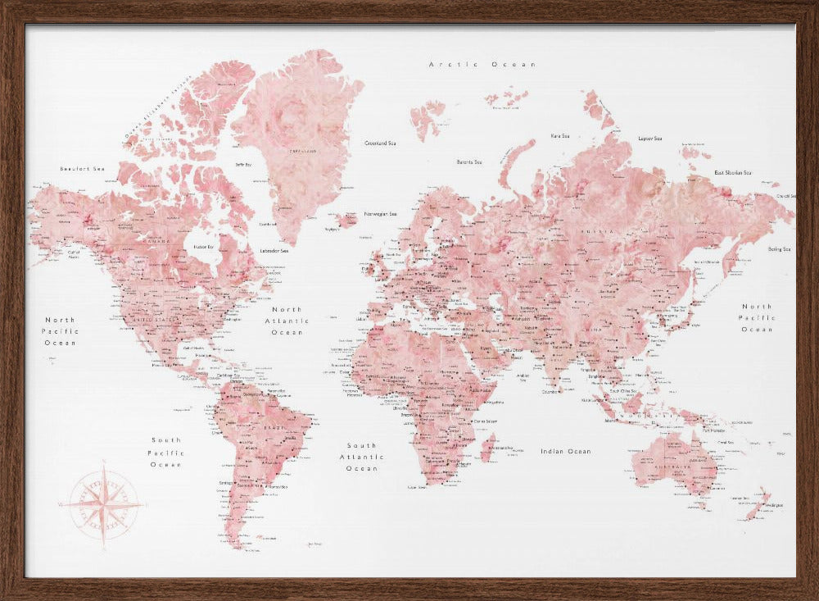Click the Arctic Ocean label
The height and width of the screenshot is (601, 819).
click(x=482, y=64)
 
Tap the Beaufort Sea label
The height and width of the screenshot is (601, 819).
click(x=83, y=169)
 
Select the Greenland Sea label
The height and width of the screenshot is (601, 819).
click(x=380, y=143)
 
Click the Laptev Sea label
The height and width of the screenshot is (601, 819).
click(x=649, y=138)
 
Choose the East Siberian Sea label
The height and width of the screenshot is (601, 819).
click(x=732, y=173)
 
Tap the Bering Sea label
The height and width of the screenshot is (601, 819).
click(x=779, y=249)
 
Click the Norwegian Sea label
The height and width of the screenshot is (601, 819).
click(x=380, y=214)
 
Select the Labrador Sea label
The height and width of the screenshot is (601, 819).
click(x=274, y=250)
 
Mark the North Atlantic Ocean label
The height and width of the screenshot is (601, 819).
click(x=287, y=321)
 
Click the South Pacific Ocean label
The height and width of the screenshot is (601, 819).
click(x=165, y=453)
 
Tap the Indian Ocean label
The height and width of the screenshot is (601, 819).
click(x=565, y=451)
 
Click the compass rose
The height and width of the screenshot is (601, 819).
click(x=104, y=503)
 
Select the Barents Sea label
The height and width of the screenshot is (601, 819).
click(x=469, y=162)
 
